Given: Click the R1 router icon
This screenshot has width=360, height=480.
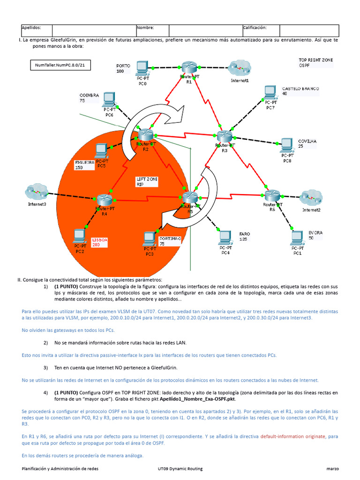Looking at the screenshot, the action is [189, 67].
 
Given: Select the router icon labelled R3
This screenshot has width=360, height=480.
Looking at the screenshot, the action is [225, 136].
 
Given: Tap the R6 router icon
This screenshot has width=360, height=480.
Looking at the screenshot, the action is [272, 195].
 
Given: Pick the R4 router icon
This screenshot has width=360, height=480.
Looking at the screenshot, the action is [105, 200].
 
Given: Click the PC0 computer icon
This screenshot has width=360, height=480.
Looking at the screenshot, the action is [142, 68].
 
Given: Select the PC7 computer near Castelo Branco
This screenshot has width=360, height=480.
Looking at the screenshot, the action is [270, 93].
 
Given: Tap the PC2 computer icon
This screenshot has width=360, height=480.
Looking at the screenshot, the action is [80, 236].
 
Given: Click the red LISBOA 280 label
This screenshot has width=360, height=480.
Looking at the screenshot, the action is [100, 242].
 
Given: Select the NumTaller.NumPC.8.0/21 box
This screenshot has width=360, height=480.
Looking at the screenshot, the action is [60, 65].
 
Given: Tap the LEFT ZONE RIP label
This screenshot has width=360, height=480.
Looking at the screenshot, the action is [147, 181].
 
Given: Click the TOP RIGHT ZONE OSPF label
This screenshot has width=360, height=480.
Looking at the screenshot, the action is [315, 62].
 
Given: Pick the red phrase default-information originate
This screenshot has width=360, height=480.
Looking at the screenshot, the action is [292, 436].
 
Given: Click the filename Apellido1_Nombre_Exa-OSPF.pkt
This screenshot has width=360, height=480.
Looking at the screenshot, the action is [197, 399].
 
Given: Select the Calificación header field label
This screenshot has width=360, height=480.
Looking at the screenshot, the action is [255, 28].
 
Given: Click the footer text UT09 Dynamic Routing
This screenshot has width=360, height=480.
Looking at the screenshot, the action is [180, 469].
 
